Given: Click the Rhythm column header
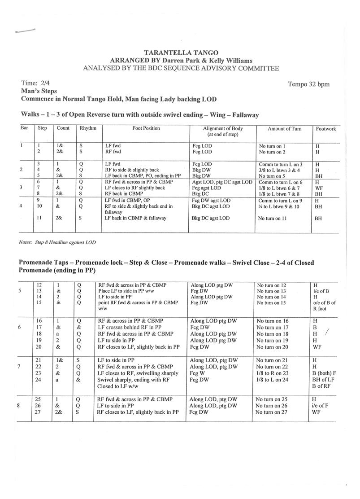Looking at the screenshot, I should (88, 128).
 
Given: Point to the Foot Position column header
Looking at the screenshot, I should (146, 128).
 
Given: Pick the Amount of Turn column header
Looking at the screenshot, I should (284, 129).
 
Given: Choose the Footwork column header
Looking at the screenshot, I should (326, 129).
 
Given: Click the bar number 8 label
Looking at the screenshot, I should (18, 406).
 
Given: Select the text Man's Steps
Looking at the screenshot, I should (39, 91).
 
